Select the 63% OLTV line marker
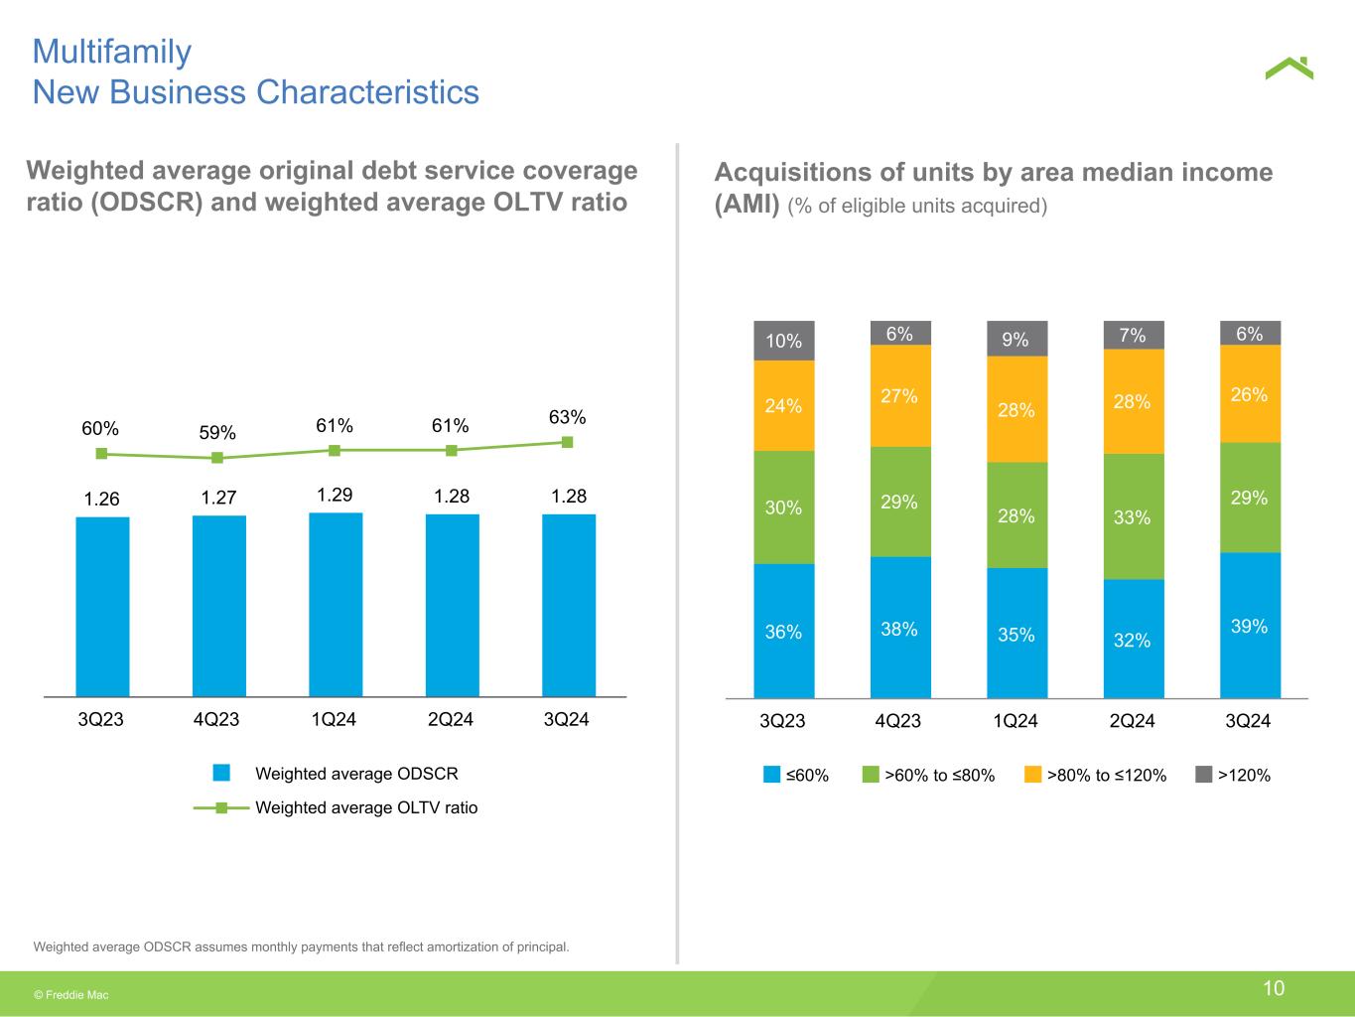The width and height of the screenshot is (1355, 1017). point(568,442)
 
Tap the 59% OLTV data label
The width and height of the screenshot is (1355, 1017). point(217,433)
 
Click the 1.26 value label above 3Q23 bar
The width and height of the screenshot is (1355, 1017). point(101,499)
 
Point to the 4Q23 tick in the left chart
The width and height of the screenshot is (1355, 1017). point(216,719)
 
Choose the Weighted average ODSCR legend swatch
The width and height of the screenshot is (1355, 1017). point(221,773)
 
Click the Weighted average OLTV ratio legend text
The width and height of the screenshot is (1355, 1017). point(366,807)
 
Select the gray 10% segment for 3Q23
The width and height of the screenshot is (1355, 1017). point(784,341)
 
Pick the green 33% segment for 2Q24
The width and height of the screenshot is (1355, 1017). point(1134,516)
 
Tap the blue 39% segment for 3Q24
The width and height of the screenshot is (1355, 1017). point(1250,626)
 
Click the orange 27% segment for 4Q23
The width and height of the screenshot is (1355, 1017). point(900,395)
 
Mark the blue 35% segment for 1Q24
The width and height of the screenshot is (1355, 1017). point(1016,634)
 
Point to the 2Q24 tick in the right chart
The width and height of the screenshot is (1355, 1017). point(1132,721)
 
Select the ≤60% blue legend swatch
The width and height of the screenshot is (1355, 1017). point(771,775)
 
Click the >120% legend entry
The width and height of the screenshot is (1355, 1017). point(1243,775)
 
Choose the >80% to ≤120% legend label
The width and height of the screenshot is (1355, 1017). point(1107,775)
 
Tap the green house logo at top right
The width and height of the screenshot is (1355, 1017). point(1288,68)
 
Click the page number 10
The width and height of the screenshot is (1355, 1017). point(1274,987)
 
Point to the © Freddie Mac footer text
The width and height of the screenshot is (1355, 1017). point(71,994)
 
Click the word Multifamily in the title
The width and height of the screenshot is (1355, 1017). point(111,51)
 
